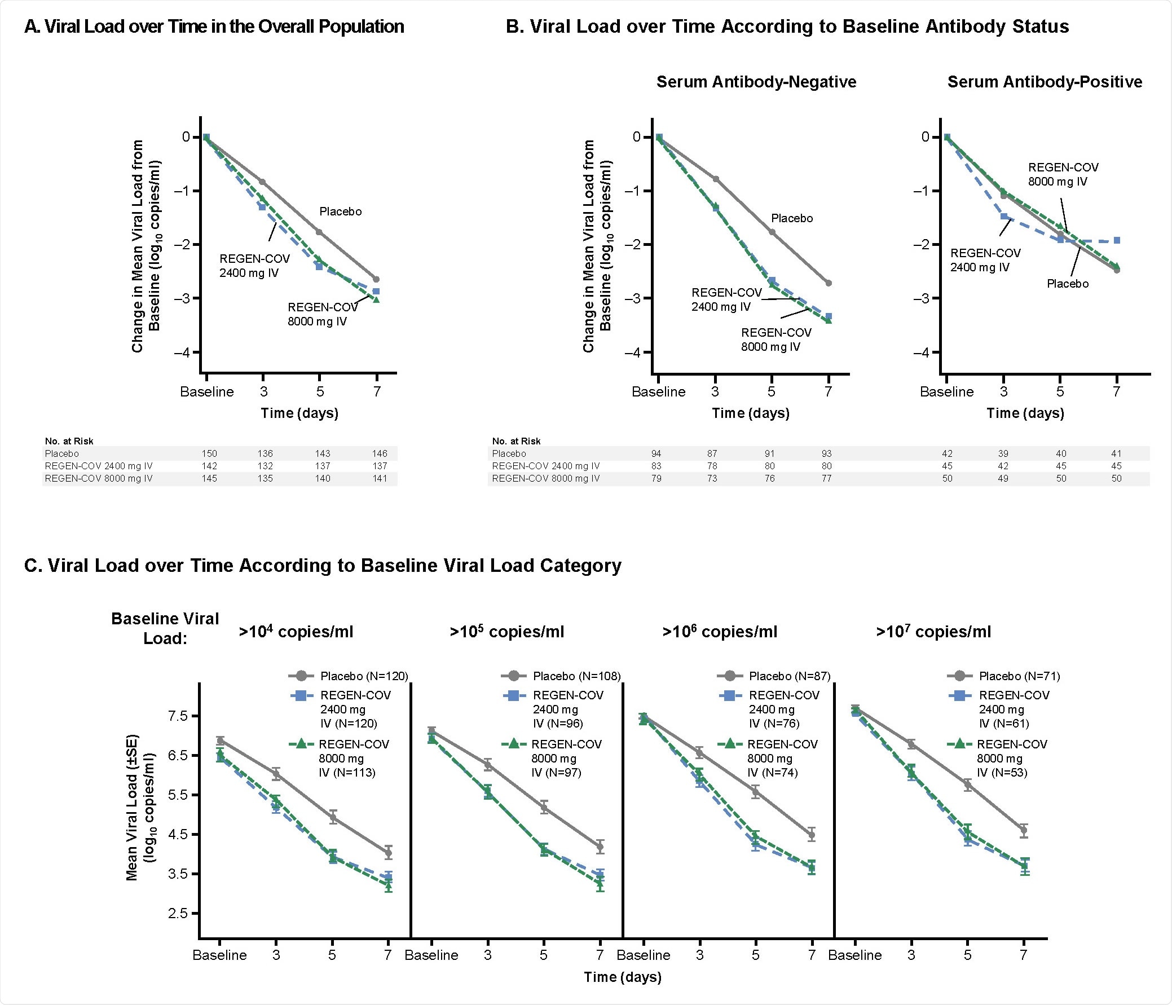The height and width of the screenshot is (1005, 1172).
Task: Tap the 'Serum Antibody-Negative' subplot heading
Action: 756,82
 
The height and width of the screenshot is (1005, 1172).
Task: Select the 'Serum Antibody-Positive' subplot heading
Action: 1044,82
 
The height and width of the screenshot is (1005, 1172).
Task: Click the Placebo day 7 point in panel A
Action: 376,279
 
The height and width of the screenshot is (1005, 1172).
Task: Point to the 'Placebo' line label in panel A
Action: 340,211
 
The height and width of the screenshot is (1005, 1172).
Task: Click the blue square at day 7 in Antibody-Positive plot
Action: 1117,240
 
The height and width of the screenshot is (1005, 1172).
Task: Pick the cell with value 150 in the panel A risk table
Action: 209,453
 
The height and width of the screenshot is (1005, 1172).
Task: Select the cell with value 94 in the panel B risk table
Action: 656,453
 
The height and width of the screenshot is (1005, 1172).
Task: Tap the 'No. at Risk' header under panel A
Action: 69,441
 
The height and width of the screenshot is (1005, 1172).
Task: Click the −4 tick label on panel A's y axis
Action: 182,352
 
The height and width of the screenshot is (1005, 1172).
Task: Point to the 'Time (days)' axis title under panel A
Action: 299,413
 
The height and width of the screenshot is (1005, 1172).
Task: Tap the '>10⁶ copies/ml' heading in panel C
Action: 720,632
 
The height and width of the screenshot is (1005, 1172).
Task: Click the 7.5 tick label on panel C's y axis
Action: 178,716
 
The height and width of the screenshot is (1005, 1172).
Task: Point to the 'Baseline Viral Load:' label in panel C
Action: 165,628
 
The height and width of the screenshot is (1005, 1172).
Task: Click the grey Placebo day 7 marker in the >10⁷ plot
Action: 1023,831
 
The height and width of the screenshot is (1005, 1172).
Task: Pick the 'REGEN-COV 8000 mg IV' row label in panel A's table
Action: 99,478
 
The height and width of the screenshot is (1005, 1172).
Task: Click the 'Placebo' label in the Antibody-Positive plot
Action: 1067,284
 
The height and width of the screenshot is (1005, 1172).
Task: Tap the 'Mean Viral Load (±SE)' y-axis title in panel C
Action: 139,807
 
